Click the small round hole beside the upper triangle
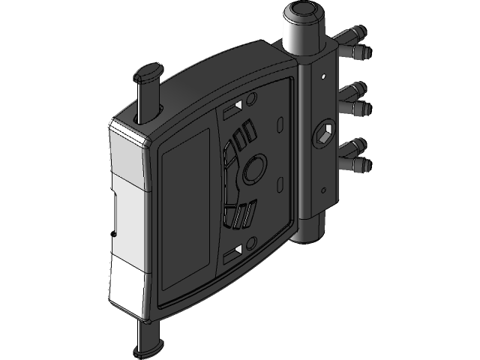click(x=251, y=98)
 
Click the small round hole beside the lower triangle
click(x=252, y=241)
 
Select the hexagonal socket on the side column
click(x=325, y=133)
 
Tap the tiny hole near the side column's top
click(x=322, y=75)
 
